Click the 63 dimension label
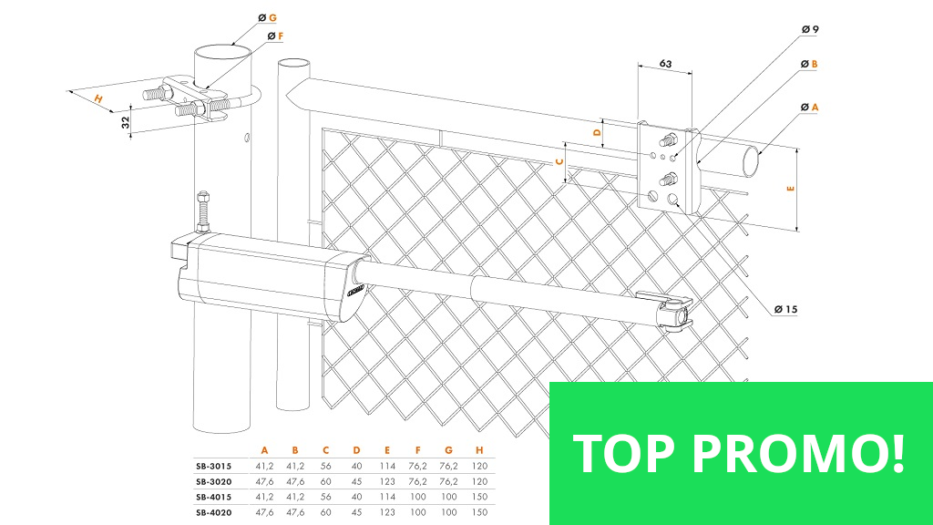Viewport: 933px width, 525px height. (x=665, y=64)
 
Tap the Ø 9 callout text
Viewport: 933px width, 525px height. (x=810, y=29)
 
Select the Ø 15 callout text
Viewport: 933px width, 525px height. (x=785, y=309)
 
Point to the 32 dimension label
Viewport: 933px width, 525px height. (x=125, y=122)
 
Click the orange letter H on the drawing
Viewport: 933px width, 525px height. (x=98, y=98)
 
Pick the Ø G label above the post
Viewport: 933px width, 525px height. (x=268, y=18)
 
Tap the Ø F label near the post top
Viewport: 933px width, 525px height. (x=275, y=36)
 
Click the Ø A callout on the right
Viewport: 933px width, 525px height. (x=810, y=108)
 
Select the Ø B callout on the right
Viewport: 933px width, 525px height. (x=809, y=64)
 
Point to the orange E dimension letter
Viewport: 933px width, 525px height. (x=790, y=188)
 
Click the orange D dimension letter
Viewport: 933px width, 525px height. (x=598, y=132)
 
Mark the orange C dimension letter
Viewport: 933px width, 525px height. (x=559, y=162)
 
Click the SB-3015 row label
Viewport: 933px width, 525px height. (x=213, y=466)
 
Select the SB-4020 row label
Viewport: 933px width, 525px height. (x=213, y=512)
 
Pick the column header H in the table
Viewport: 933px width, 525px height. (x=479, y=450)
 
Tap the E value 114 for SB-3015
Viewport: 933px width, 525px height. (x=387, y=466)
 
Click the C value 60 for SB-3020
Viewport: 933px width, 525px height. (x=325, y=481)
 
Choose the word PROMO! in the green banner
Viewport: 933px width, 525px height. (x=798, y=454)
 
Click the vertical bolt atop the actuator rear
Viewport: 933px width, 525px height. (x=203, y=211)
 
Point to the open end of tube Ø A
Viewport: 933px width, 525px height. (x=751, y=161)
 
